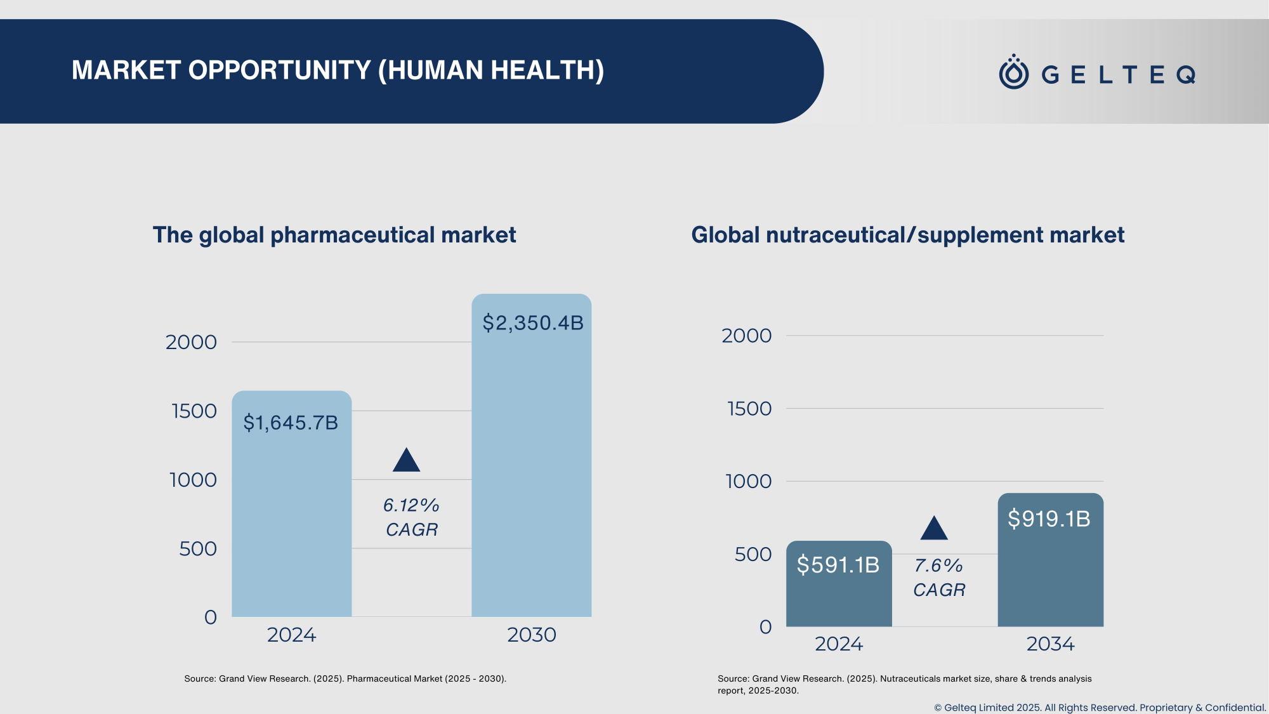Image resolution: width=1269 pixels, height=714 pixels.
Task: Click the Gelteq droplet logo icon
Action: [x=1013, y=72]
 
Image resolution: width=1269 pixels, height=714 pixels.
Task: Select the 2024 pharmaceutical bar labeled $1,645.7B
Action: [x=291, y=508]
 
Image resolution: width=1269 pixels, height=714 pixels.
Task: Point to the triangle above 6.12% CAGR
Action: [x=406, y=461]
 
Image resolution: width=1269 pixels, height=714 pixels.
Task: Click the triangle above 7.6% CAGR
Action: [x=934, y=529]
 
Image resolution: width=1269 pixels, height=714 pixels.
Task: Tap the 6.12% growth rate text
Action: [x=411, y=505]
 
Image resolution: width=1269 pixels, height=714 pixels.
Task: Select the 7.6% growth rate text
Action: [x=938, y=565]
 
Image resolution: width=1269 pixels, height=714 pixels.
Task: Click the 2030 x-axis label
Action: [x=531, y=635]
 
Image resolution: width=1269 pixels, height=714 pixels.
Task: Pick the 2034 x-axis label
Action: [x=1050, y=644]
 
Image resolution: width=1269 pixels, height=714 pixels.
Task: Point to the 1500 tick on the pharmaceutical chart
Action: [x=194, y=411]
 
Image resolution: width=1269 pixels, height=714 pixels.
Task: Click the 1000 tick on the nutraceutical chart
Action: [x=748, y=482]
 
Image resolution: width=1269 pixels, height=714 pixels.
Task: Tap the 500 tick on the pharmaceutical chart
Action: [x=197, y=549]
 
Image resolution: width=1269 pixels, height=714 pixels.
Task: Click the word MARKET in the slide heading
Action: [x=126, y=70]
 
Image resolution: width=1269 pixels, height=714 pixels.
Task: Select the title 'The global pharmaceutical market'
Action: [x=334, y=235]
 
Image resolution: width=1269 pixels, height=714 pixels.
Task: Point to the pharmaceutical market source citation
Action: [x=345, y=678]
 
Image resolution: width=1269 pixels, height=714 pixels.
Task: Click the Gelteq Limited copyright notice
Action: [x=1100, y=707]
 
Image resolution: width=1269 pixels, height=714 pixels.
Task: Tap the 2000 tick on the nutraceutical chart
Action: [x=746, y=336]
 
